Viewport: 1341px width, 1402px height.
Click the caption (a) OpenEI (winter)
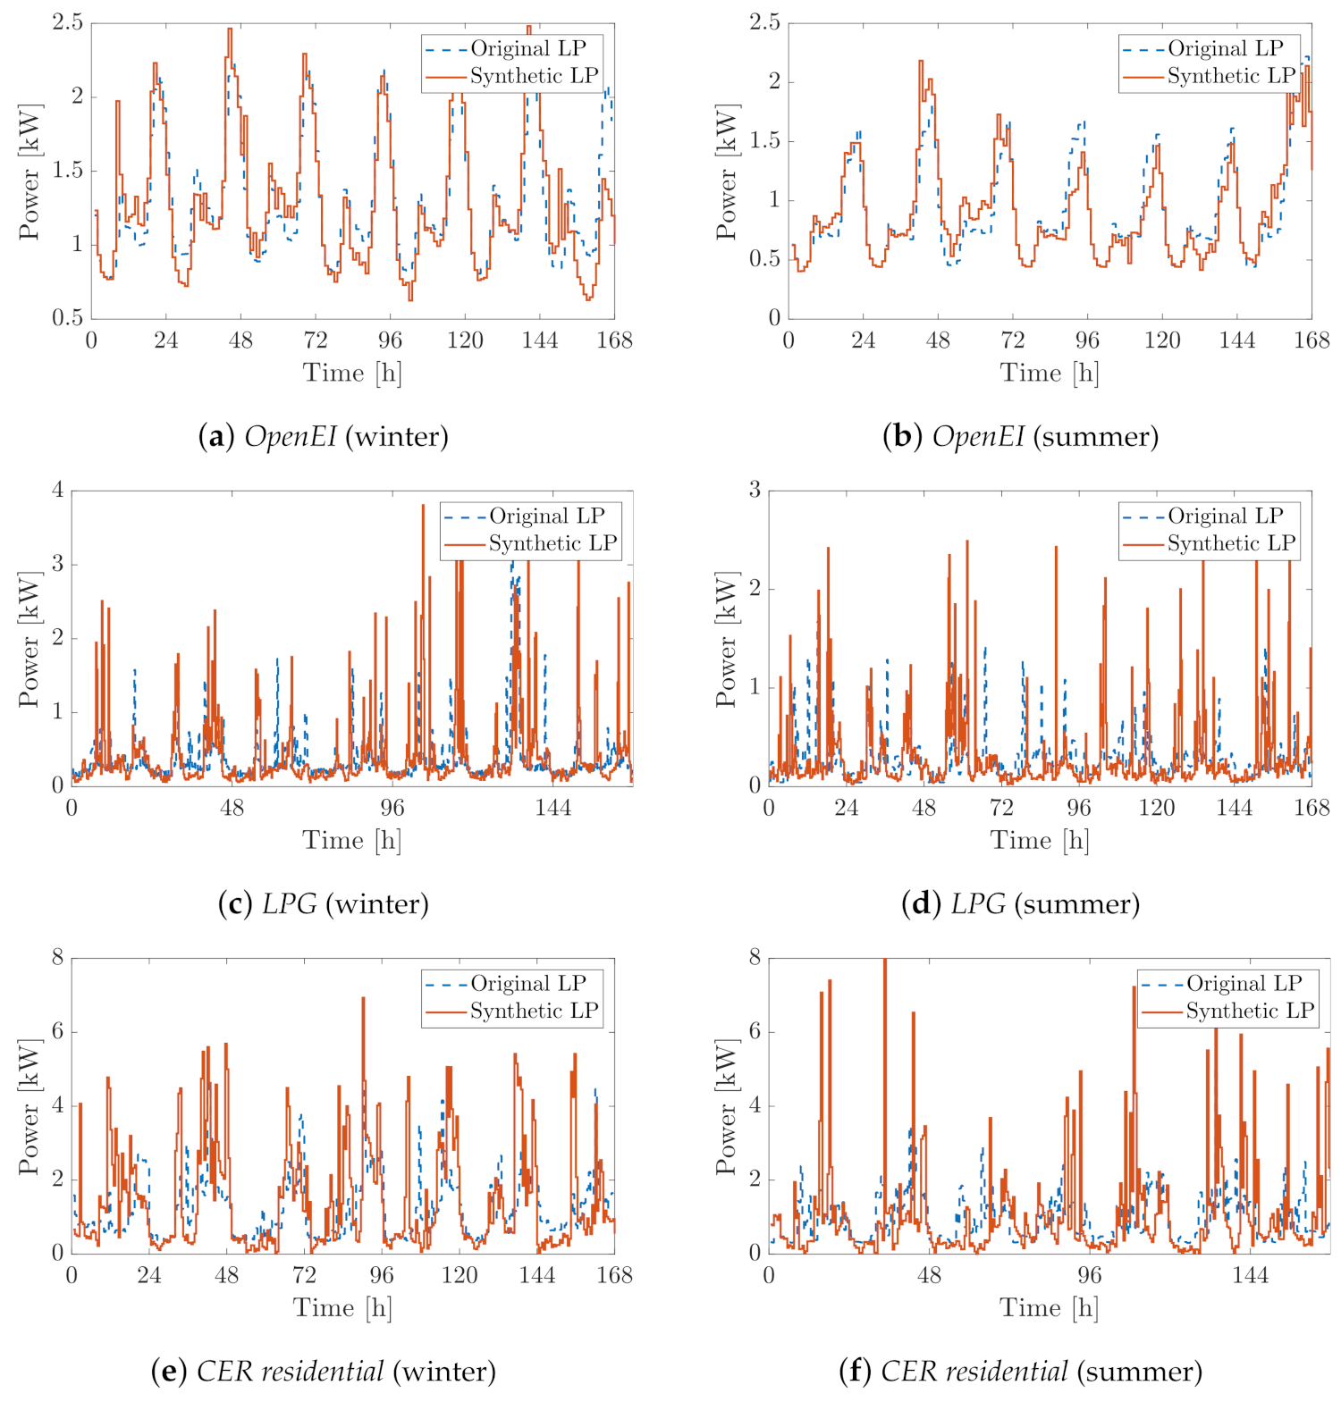click(x=323, y=436)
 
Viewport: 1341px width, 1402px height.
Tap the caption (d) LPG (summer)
click(x=1020, y=903)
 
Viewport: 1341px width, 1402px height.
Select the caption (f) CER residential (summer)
click(x=1020, y=1371)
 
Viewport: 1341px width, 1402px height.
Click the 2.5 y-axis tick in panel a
click(x=67, y=22)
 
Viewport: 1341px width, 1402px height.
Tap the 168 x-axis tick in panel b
click(x=1311, y=340)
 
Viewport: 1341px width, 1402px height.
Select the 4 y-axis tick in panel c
click(x=58, y=490)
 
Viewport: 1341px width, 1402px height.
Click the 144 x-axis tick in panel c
click(x=552, y=808)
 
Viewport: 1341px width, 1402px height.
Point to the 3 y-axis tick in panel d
click(x=755, y=490)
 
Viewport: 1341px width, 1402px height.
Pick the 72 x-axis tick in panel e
click(x=304, y=1275)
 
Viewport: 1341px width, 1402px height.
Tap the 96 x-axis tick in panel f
click(x=1090, y=1275)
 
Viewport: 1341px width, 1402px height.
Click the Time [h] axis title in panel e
click(x=342, y=1308)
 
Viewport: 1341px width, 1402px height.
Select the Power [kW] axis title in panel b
click(x=727, y=172)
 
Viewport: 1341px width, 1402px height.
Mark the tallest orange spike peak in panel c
click(x=423, y=506)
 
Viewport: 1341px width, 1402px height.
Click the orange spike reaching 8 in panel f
click(x=884, y=960)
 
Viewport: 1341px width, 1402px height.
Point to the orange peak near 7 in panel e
click(x=363, y=998)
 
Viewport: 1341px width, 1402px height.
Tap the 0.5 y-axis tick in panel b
click(x=764, y=259)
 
